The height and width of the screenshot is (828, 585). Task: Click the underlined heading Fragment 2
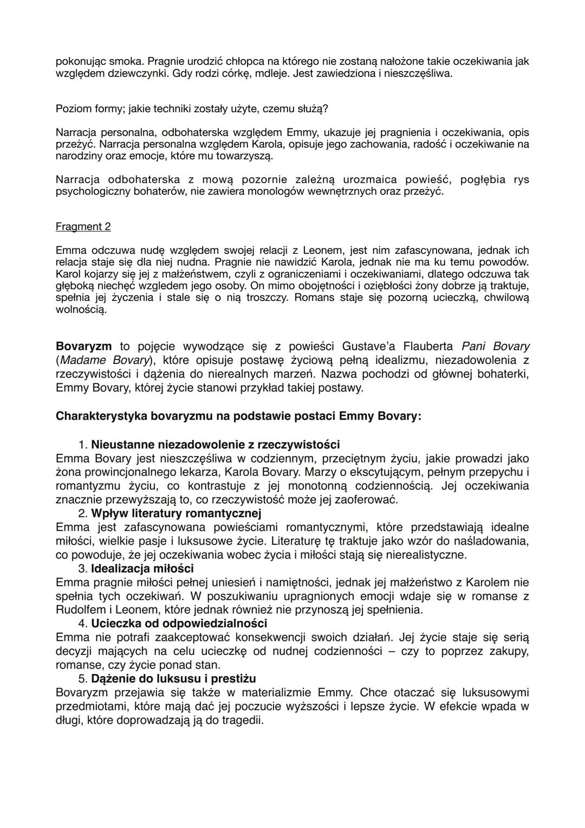pyautogui.click(x=83, y=227)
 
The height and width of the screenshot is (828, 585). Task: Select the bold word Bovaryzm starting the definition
pyautogui.click(x=84, y=346)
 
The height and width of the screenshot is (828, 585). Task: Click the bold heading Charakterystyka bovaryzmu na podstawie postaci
pyautogui.click(x=238, y=416)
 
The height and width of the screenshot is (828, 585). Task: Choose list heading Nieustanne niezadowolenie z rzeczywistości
pyautogui.click(x=215, y=445)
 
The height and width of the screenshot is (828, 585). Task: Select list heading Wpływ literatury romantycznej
pyautogui.click(x=175, y=513)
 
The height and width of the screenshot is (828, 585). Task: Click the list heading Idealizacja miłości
pyautogui.click(x=142, y=568)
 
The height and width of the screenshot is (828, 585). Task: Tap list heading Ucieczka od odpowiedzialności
pyautogui.click(x=179, y=624)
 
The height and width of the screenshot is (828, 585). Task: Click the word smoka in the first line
pyautogui.click(x=129, y=61)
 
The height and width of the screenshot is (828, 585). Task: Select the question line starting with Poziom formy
pyautogui.click(x=192, y=108)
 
